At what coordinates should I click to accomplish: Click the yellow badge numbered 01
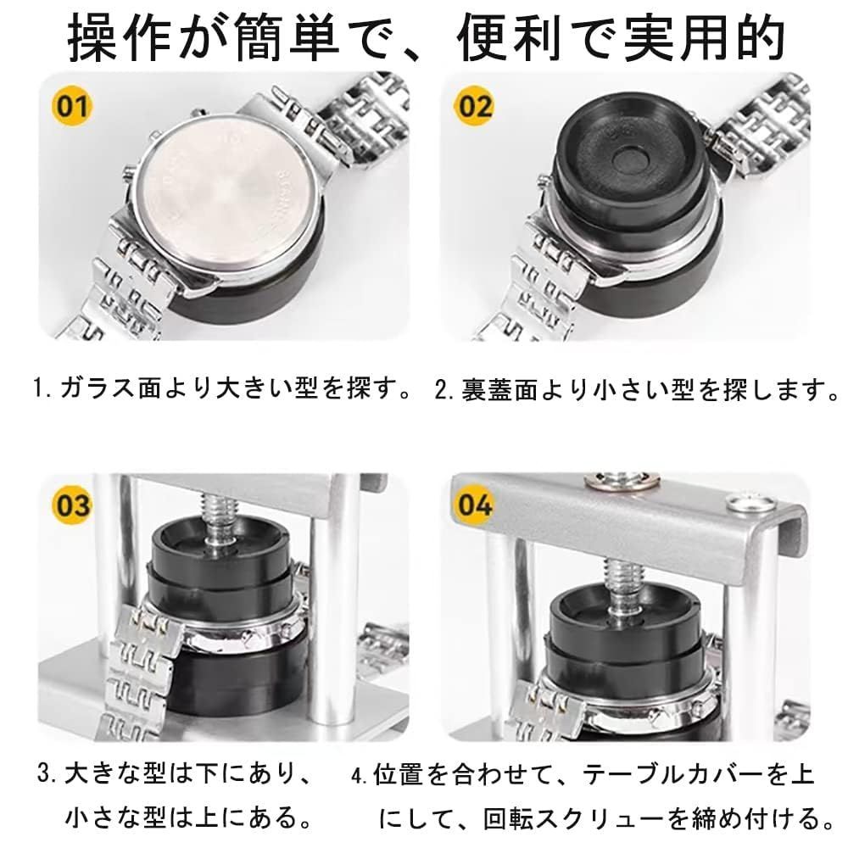click(x=72, y=106)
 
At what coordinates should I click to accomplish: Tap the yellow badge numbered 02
click(x=475, y=106)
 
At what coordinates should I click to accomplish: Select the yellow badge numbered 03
click(x=72, y=505)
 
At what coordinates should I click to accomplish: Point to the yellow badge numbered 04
click(x=475, y=505)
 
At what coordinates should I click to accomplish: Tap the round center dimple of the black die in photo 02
click(x=629, y=160)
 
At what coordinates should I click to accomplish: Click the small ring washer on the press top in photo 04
click(x=751, y=504)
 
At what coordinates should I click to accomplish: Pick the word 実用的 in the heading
click(x=704, y=39)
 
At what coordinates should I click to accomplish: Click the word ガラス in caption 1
click(x=97, y=388)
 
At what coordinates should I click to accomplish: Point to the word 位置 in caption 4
click(x=398, y=774)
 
